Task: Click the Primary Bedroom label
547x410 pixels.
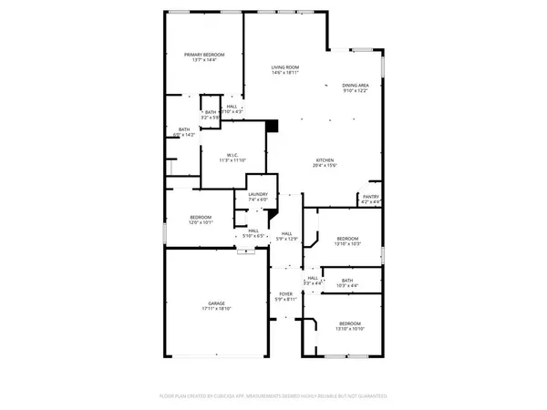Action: [x=204, y=55]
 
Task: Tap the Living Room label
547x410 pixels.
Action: [x=286, y=67]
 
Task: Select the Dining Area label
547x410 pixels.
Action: [x=356, y=84]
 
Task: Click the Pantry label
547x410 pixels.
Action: [x=371, y=196]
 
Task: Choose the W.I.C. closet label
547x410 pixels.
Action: [x=233, y=156]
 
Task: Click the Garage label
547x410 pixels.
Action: [x=216, y=303]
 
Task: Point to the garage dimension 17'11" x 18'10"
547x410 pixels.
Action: [x=216, y=309]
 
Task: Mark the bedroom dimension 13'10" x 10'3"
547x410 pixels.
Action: [x=349, y=243]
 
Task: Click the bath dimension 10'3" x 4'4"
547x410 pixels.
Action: [x=347, y=286]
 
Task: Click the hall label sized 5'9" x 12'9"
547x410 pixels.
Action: [x=286, y=234]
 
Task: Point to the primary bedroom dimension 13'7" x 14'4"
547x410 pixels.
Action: [x=204, y=60]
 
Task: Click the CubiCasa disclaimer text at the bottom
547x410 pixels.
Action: [x=273, y=397]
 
